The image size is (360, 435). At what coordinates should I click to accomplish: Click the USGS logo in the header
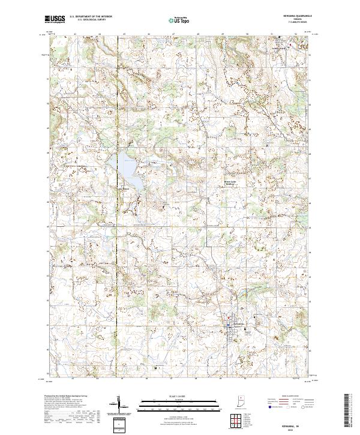point(55,19)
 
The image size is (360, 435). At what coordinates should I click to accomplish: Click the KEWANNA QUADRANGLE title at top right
point(296,16)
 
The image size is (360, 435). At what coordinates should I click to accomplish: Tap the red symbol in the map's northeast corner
point(292,44)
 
